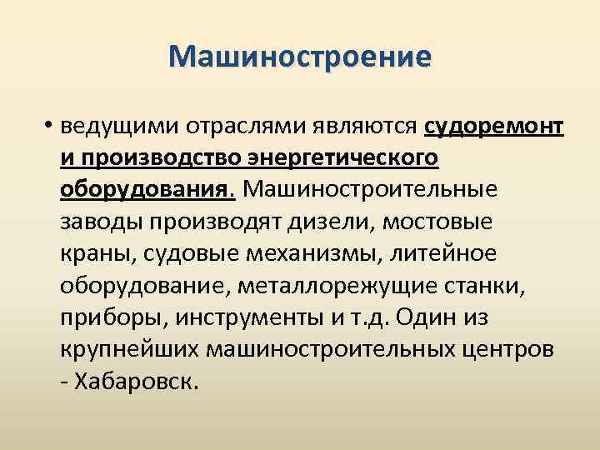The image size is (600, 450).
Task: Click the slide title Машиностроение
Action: [x=300, y=57]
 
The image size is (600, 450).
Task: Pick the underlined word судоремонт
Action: [x=494, y=127]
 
